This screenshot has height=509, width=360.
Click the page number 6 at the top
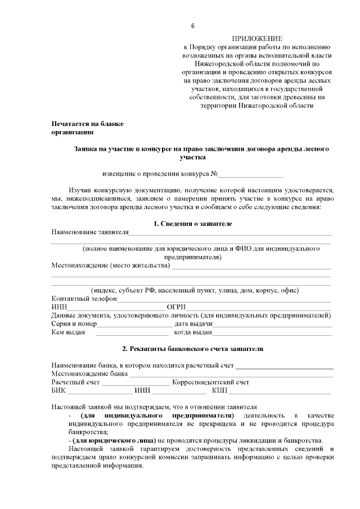click(x=192, y=26)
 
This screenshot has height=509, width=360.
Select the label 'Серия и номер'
click(x=74, y=324)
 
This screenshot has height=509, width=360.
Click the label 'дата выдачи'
click(x=193, y=324)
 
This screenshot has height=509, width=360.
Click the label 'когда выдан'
click(x=193, y=333)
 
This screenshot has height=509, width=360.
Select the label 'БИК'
click(x=58, y=391)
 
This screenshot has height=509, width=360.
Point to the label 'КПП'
click(x=219, y=391)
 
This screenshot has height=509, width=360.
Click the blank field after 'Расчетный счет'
click(x=135, y=384)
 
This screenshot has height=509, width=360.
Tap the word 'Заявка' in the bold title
click(x=87, y=149)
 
